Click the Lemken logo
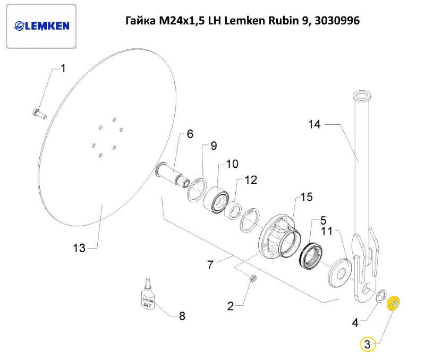tap(41, 26)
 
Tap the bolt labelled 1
tap(39, 113)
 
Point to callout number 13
tap(79, 248)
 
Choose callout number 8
tap(182, 316)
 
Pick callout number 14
tap(314, 124)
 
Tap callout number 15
tap(307, 198)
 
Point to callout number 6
tap(190, 134)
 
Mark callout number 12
tap(250, 180)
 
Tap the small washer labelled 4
tap(380, 296)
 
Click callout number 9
tap(214, 145)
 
